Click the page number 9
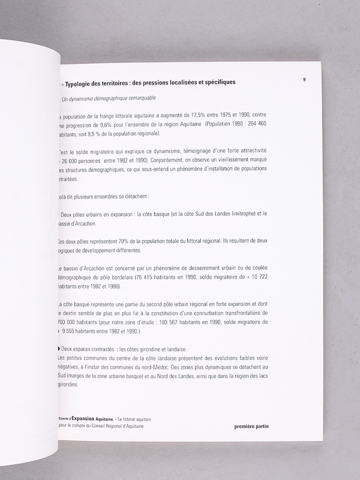tap(304, 79)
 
